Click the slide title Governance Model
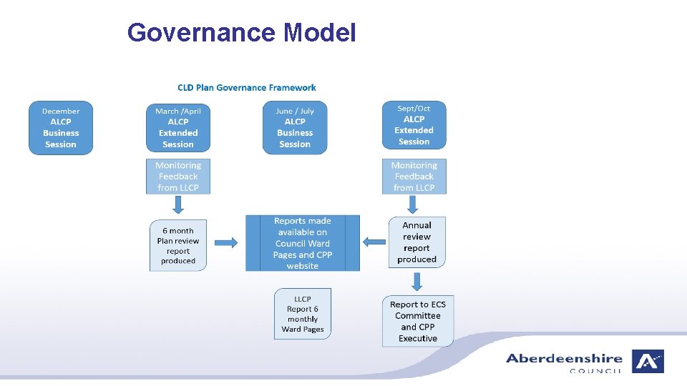pos(241,33)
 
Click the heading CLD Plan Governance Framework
pos(247,88)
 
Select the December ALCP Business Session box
pos(61,128)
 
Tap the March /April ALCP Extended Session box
pos(178,128)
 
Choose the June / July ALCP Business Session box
pos(295,128)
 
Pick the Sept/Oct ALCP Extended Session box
pos(414,125)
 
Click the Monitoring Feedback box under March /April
pos(178,177)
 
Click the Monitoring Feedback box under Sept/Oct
pos(414,177)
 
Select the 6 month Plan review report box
pos(178,245)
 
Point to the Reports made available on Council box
pos(303,243)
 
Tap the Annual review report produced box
pos(416,242)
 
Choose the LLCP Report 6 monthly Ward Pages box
pos(303,314)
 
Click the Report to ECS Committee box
pos(418,321)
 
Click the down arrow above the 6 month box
pos(178,205)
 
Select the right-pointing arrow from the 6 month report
pos(226,243)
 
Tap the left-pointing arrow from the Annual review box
pos(374,242)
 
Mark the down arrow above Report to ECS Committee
pos(417,282)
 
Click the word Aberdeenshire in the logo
pos(564,359)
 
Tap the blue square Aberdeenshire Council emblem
pos(648,361)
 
